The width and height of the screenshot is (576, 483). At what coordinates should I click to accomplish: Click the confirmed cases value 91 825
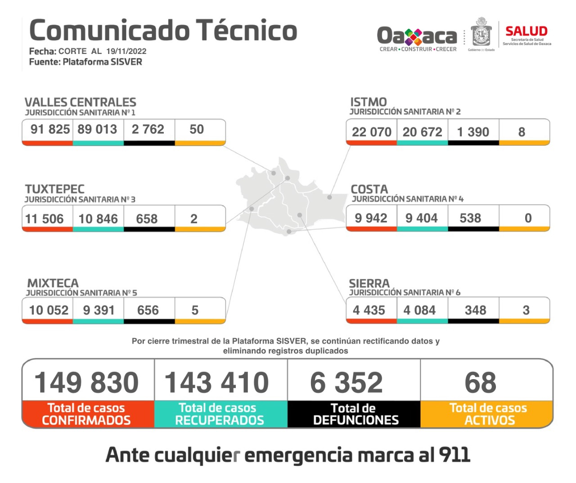[50, 130]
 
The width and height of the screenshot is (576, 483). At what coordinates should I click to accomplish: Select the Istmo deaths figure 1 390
[473, 132]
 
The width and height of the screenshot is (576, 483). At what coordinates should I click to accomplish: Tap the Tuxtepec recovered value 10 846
[98, 219]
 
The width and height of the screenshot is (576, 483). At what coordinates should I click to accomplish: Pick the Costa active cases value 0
[528, 218]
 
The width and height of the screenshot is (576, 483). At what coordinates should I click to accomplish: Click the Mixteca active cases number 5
[195, 310]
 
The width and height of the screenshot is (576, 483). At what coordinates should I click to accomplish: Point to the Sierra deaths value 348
[475, 310]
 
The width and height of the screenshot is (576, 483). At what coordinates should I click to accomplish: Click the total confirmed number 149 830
[86, 383]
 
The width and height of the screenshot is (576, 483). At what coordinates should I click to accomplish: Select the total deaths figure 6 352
[346, 383]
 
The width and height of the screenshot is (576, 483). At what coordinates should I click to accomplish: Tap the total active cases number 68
[481, 383]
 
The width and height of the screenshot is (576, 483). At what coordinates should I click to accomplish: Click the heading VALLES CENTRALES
[80, 102]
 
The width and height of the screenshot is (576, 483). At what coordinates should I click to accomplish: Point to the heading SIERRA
[369, 283]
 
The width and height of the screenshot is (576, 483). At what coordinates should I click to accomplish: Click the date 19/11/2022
[126, 51]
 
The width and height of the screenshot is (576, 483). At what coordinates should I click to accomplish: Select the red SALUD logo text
[526, 31]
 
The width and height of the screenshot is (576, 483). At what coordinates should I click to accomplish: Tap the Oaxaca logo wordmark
[417, 36]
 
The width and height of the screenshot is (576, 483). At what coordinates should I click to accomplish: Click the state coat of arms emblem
[481, 33]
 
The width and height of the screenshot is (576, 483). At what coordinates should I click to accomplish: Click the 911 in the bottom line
[454, 455]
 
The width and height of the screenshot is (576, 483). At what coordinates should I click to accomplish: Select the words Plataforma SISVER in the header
[102, 62]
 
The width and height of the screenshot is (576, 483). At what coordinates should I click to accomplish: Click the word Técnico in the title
[247, 31]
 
